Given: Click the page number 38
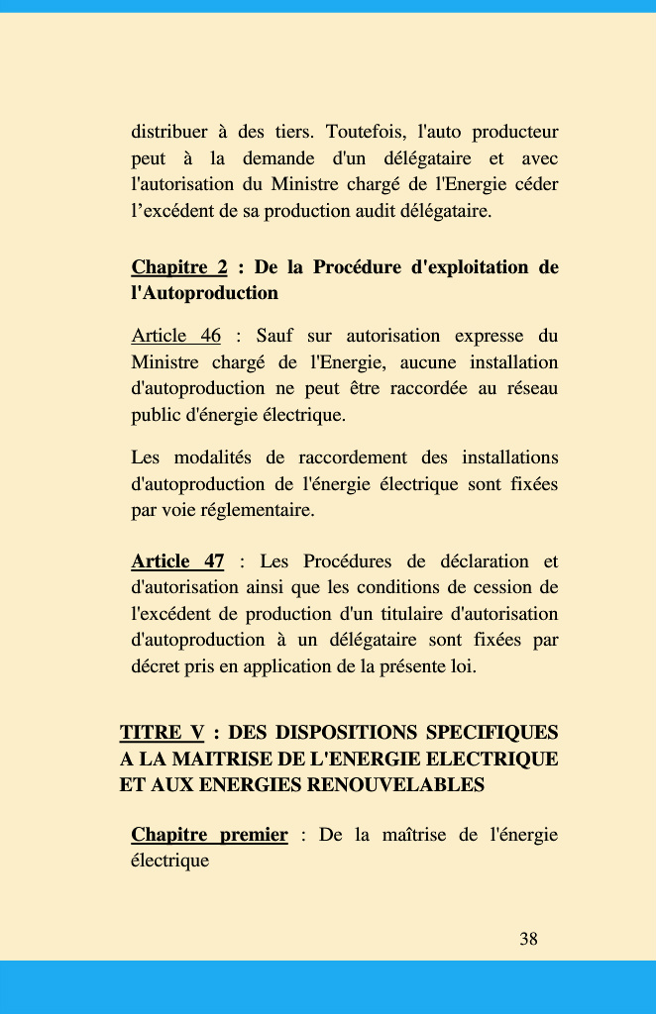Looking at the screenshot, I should point(528,939).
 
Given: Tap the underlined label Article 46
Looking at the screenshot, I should point(176,337).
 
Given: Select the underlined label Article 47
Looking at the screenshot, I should point(177,562).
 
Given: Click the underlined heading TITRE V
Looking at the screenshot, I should point(162,733).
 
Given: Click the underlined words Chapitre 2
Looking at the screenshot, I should point(179,267).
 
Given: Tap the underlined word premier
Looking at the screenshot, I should point(254,835).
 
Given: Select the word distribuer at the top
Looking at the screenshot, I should point(169,133).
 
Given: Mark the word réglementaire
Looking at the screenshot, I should point(258,511).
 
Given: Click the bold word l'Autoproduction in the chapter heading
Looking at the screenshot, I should point(204,293).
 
